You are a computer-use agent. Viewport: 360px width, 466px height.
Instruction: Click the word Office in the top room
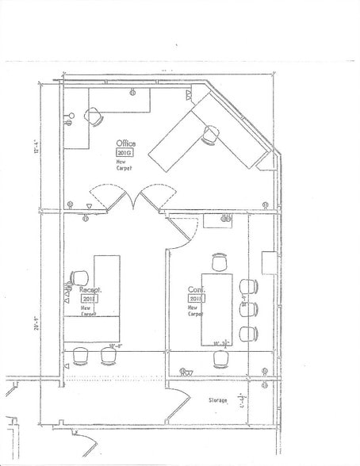[x=126, y=143]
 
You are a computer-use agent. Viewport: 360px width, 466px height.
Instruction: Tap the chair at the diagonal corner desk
[x=210, y=136]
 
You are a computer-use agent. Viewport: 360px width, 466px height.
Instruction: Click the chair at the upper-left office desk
[x=94, y=116]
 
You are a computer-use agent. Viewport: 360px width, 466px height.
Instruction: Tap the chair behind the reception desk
[x=79, y=278]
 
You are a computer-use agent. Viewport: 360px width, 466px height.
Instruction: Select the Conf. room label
[x=196, y=290]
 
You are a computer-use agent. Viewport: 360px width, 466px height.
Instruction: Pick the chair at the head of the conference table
[x=220, y=261]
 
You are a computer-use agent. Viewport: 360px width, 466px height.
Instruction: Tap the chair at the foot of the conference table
[x=221, y=359]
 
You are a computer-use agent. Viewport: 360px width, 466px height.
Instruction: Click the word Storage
[x=218, y=400]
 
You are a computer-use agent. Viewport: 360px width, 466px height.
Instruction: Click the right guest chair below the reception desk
[x=109, y=356]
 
